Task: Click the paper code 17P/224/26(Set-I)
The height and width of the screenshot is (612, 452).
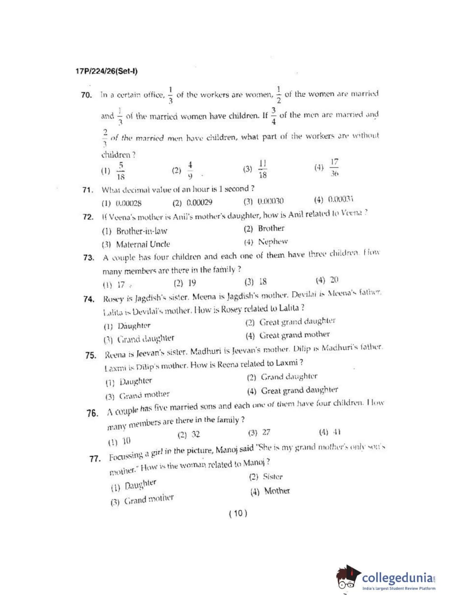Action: pyautogui.click(x=107, y=71)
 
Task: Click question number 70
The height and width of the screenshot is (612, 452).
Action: pyautogui.click(x=86, y=95)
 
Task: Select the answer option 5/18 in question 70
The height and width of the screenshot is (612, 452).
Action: pyautogui.click(x=120, y=171)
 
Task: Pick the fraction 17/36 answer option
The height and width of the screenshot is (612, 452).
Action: pyautogui.click(x=334, y=167)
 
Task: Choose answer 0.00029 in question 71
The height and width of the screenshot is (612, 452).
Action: pyautogui.click(x=199, y=203)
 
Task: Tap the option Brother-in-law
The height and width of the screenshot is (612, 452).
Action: pyautogui.click(x=141, y=231)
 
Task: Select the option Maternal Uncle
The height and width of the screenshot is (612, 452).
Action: pyautogui.click(x=143, y=244)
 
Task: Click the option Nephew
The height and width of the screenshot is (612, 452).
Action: pyautogui.click(x=273, y=242)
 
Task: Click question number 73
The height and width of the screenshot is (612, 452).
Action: pyautogui.click(x=89, y=258)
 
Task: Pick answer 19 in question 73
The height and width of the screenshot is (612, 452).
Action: pyautogui.click(x=192, y=283)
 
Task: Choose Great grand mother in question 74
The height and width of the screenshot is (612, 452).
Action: pyautogui.click(x=294, y=335)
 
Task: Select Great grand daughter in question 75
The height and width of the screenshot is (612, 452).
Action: pyautogui.click(x=299, y=390)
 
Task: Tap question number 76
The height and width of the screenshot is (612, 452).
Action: pyautogui.click(x=92, y=413)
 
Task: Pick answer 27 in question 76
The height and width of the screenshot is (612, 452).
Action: pyautogui.click(x=266, y=432)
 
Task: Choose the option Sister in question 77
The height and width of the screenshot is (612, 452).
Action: pyautogui.click(x=272, y=477)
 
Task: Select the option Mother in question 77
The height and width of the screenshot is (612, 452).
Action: pyautogui.click(x=276, y=491)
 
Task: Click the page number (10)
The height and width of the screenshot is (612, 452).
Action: pyautogui.click(x=238, y=513)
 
